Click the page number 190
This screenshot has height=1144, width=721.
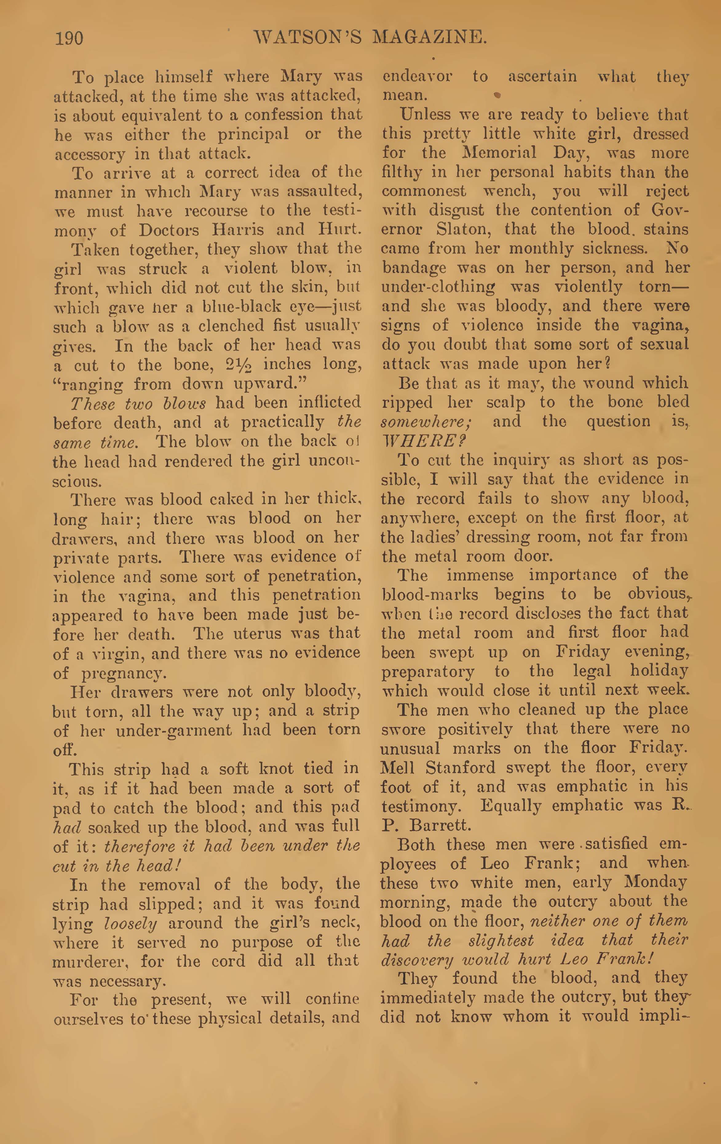point(69,38)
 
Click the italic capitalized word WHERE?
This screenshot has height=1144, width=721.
point(424,441)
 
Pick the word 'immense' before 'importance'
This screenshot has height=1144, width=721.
point(479,575)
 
